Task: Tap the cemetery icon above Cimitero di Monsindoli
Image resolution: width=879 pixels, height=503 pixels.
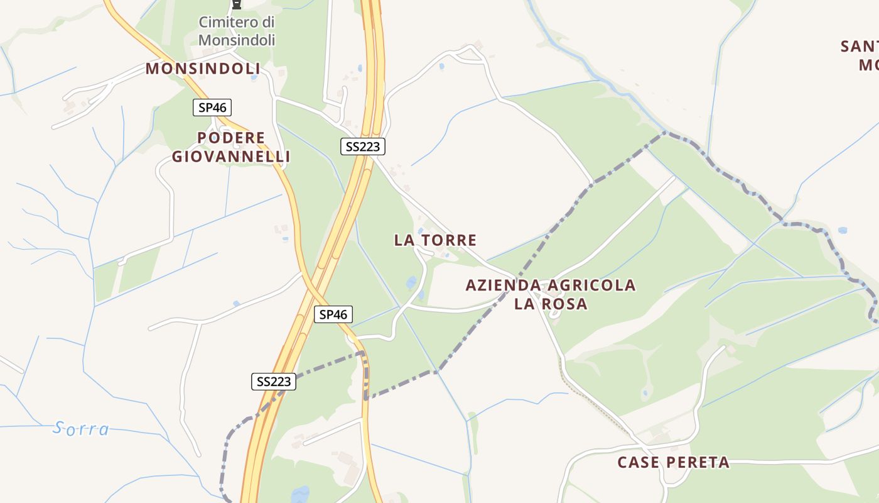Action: click(236, 4)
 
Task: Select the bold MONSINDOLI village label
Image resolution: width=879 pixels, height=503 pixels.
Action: click(203, 69)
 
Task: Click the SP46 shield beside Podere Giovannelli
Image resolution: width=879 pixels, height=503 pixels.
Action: click(212, 108)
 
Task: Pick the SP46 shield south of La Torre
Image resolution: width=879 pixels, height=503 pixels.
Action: click(333, 314)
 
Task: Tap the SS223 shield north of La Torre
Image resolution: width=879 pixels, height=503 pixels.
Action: click(362, 146)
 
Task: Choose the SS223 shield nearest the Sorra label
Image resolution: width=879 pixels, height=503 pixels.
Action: click(274, 381)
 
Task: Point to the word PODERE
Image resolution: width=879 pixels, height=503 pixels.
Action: click(231, 138)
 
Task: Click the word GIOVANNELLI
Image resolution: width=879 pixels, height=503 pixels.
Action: click(231, 157)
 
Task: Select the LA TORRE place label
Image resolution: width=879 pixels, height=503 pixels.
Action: click(435, 240)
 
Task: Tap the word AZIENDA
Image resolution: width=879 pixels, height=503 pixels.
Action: click(499, 285)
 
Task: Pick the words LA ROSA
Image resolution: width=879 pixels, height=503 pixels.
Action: click(551, 304)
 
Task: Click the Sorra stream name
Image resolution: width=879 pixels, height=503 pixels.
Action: click(82, 429)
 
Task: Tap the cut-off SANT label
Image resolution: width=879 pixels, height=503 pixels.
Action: click(860, 47)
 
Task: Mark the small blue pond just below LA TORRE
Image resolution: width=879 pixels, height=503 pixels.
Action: click(411, 282)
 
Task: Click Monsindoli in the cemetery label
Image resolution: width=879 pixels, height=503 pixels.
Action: click(237, 40)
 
